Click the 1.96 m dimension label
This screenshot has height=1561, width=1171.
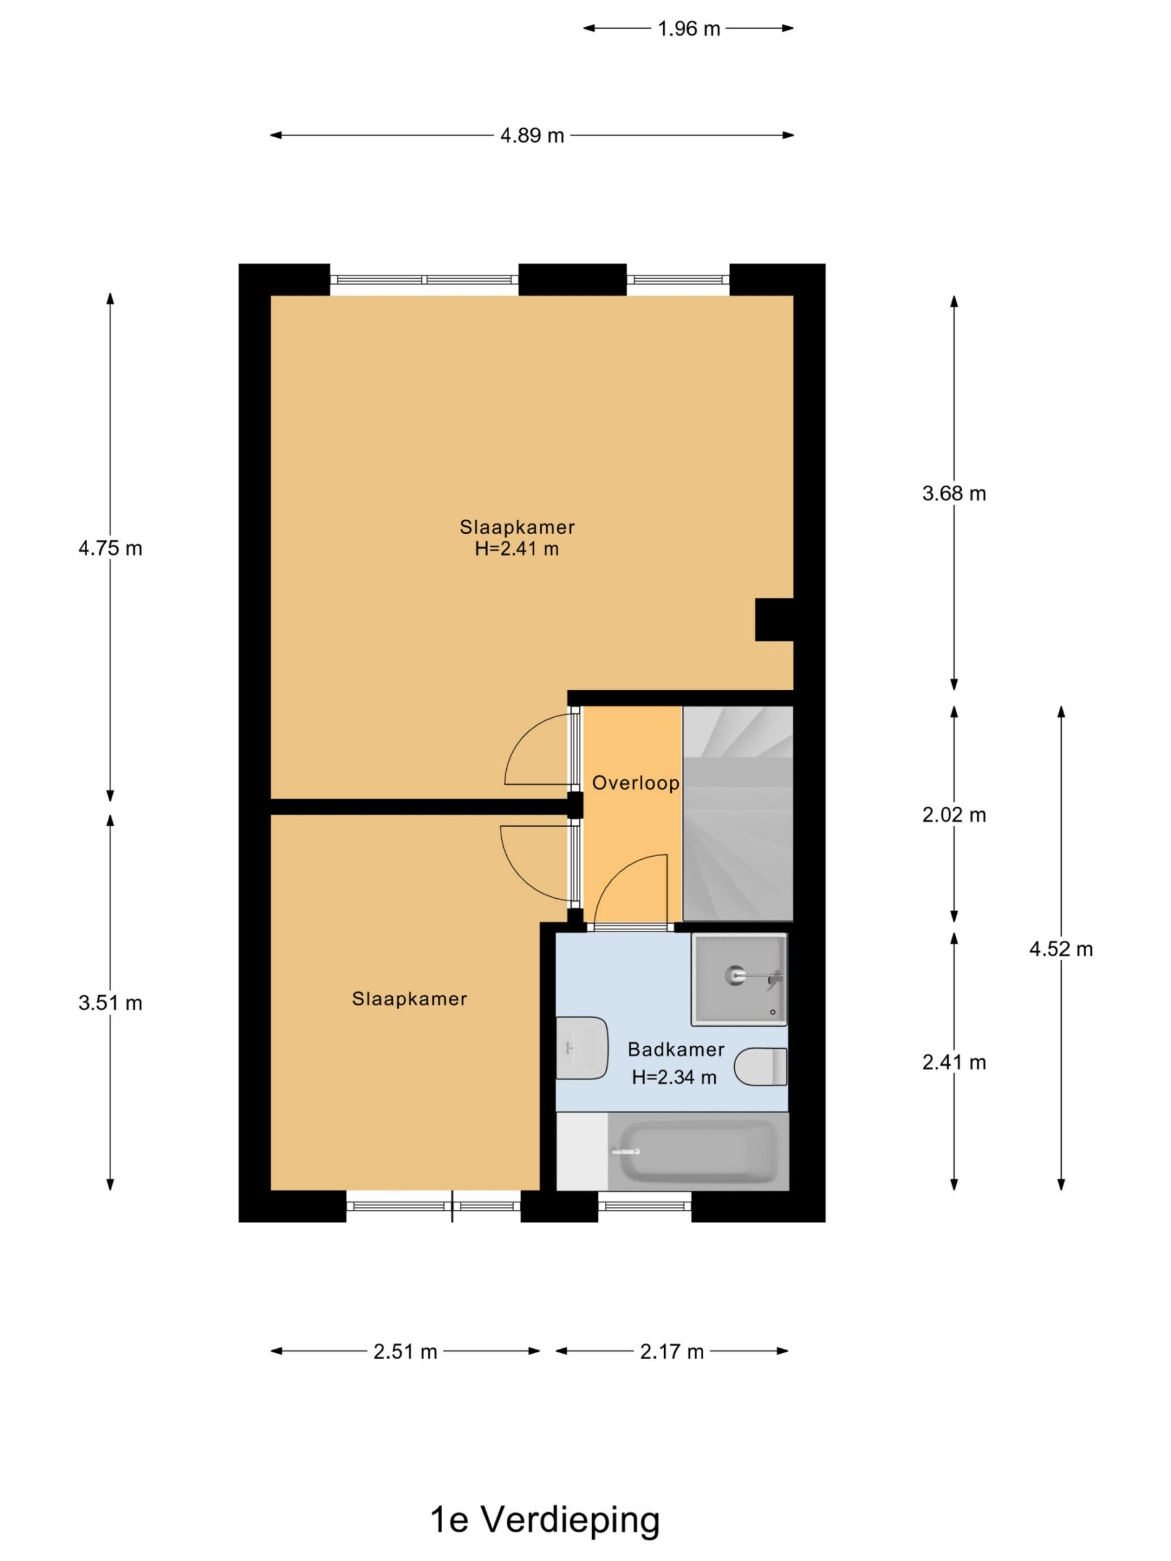pyautogui.click(x=688, y=28)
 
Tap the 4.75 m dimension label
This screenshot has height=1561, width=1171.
pyautogui.click(x=110, y=548)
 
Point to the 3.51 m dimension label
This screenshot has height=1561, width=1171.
pyautogui.click(x=110, y=1003)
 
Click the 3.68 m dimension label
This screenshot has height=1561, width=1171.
pyautogui.click(x=954, y=493)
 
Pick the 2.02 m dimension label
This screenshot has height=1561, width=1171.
pyautogui.click(x=954, y=815)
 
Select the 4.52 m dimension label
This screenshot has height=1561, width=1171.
pyautogui.click(x=1060, y=949)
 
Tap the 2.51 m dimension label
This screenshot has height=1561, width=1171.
pyautogui.click(x=405, y=1351)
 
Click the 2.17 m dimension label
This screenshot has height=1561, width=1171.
pyautogui.click(x=671, y=1351)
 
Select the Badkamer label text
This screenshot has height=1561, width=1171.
pyautogui.click(x=676, y=1049)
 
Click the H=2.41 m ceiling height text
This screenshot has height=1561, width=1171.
pyautogui.click(x=517, y=548)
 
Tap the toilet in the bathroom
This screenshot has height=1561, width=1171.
pyautogui.click(x=760, y=1066)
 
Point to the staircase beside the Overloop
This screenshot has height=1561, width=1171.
pyautogui.click(x=737, y=813)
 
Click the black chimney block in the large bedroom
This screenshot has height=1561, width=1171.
pyautogui.click(x=775, y=620)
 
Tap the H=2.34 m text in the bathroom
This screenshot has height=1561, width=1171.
pyautogui.click(x=674, y=1077)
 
